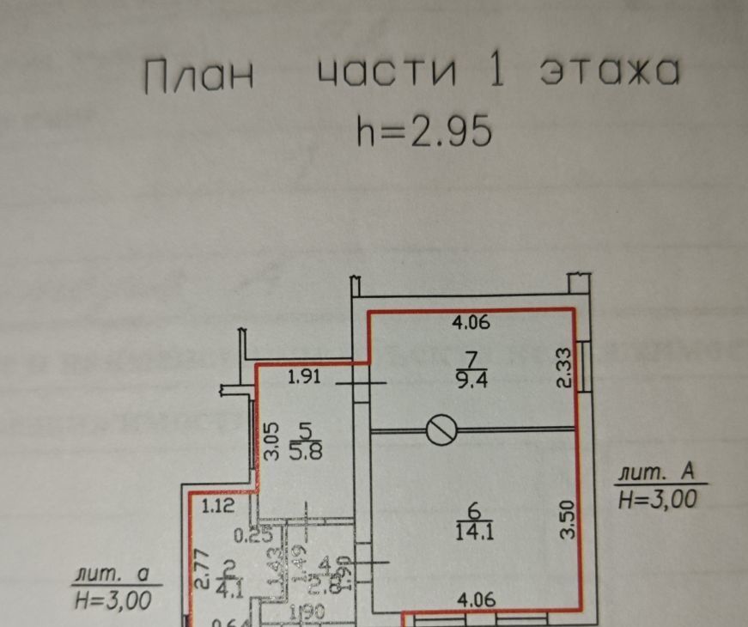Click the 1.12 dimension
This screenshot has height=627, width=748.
[218, 508]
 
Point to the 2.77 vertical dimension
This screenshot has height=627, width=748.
[200, 570]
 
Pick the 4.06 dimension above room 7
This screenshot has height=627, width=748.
[471, 324]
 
